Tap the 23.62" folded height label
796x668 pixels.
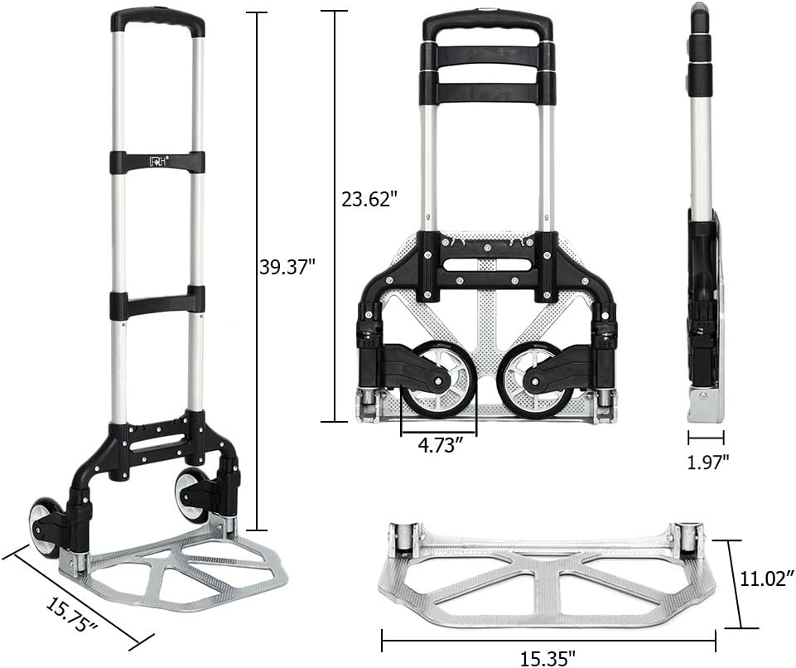(369, 200)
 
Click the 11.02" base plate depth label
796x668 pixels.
(765, 578)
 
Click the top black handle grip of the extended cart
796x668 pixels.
(158, 20)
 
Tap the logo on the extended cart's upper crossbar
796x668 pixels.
(157, 162)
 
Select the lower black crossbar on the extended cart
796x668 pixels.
(157, 303)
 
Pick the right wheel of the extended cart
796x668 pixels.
(191, 496)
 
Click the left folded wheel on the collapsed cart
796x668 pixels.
(439, 379)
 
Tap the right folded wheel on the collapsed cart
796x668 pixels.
(534, 380)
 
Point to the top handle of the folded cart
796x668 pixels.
(487, 25)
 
